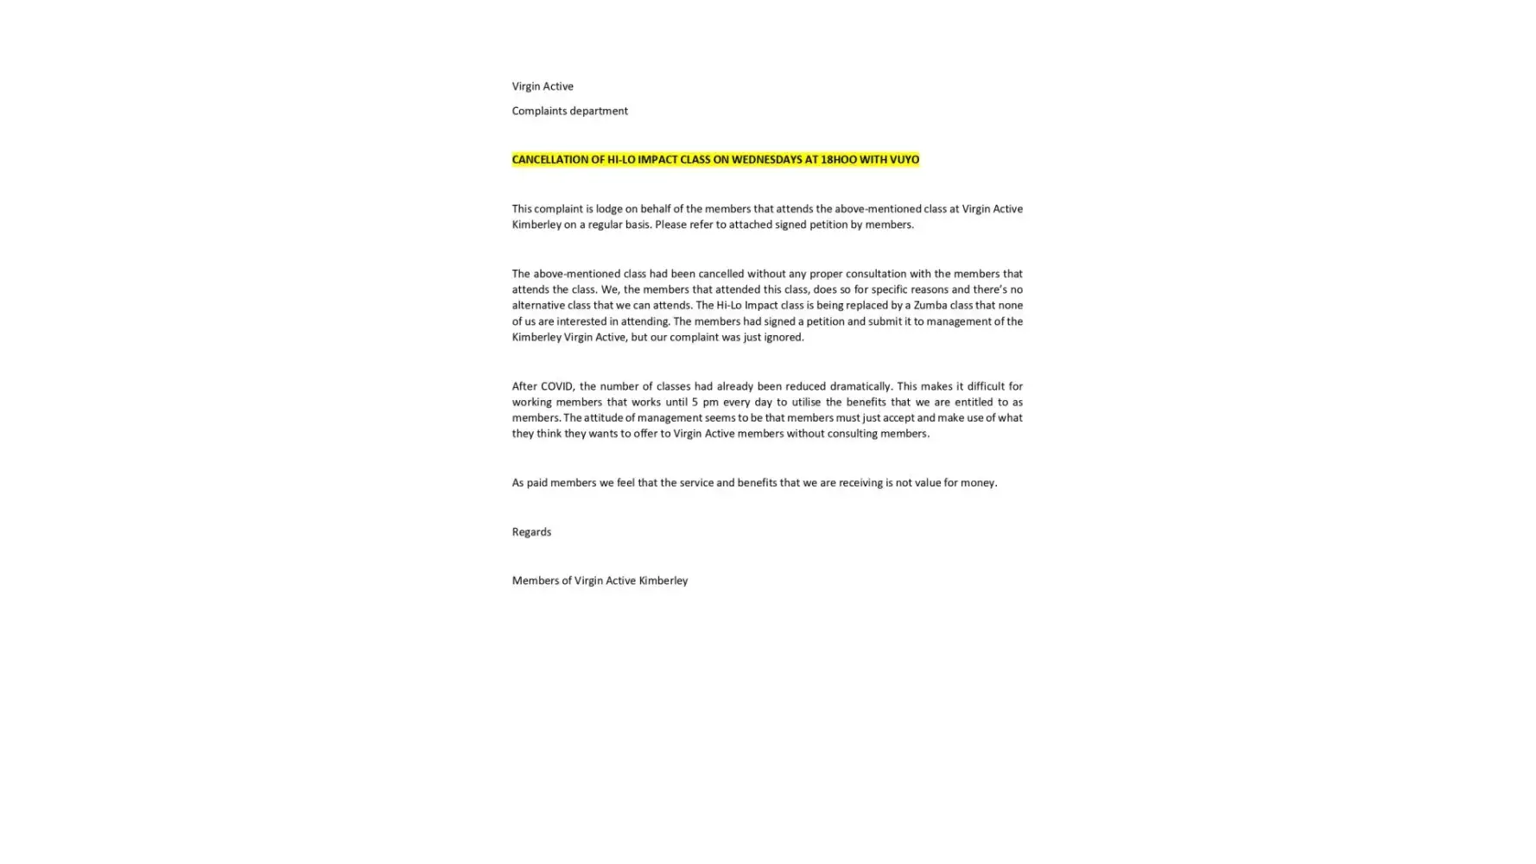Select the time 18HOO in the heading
pos(838,160)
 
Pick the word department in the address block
pos(600,111)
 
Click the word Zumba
pos(930,305)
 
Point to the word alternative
pos(538,305)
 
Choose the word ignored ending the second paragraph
pos(784,337)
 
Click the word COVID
pos(557,386)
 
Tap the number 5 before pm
pos(695,402)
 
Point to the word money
pos(979,483)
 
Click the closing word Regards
pos(531,532)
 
